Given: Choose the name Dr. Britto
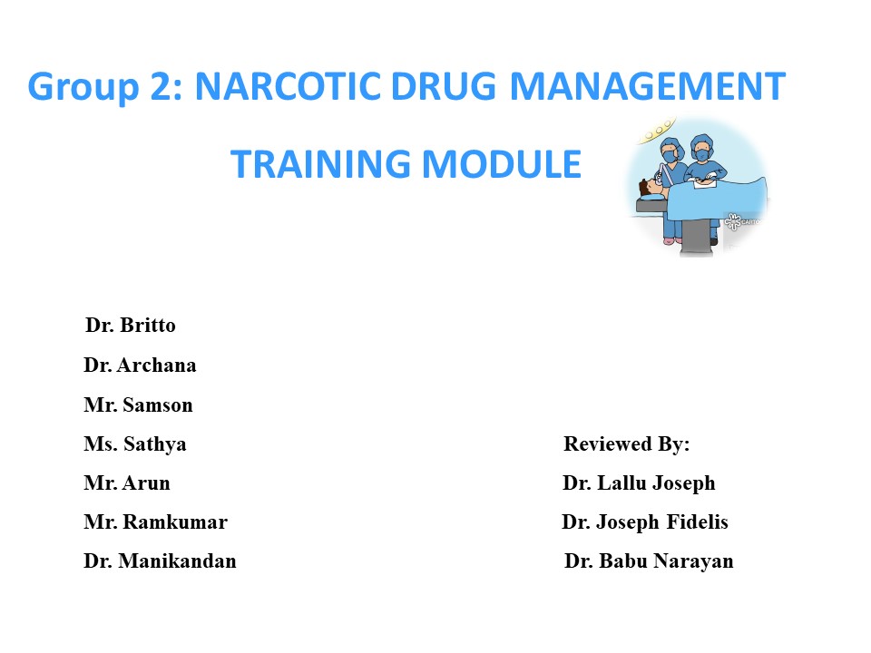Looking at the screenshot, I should (x=131, y=325).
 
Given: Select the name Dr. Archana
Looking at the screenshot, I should (x=140, y=365).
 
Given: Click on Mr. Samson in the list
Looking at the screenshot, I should (x=138, y=405).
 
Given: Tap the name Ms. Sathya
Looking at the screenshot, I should (x=135, y=445).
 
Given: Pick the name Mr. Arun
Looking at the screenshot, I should (x=127, y=483).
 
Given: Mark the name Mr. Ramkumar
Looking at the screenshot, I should (x=155, y=522).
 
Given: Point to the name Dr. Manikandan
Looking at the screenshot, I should (x=160, y=561).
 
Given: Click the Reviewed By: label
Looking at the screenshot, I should (x=627, y=444).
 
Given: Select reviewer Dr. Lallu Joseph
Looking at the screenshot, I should (x=639, y=483).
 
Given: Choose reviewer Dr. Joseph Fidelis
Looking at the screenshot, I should (x=645, y=522).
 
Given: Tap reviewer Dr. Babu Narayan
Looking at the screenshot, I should (x=649, y=561).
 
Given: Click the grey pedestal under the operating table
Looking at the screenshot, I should (x=696, y=233).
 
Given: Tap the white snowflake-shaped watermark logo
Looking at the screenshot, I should (x=733, y=219).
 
